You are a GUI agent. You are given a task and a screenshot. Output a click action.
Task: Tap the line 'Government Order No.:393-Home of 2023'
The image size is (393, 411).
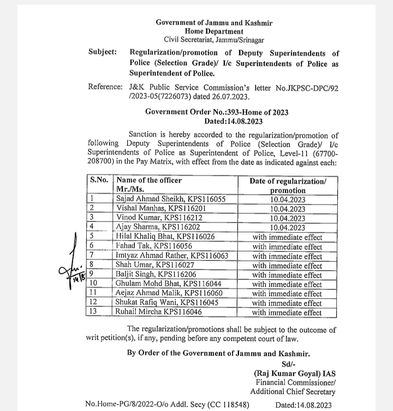point(217,112)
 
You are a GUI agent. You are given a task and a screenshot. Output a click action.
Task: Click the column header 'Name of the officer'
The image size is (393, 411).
point(149,180)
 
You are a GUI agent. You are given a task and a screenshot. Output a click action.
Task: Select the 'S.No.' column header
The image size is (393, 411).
point(99,180)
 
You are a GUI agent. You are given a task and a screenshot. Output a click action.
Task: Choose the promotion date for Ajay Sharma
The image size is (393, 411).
point(287,227)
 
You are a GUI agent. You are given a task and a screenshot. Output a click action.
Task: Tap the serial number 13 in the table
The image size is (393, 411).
point(94,313)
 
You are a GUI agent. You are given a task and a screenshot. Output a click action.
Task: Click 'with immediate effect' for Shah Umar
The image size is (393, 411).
point(287,266)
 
